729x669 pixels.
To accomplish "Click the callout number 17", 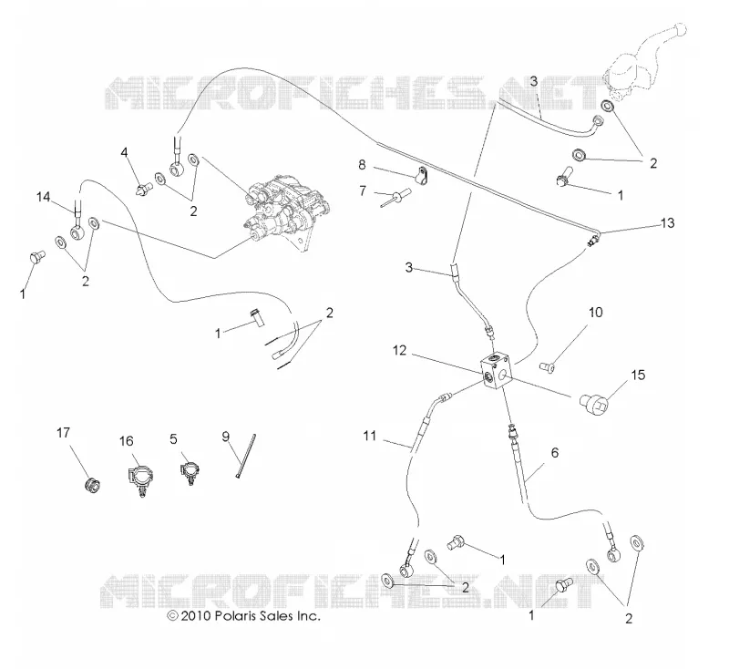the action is (63, 433).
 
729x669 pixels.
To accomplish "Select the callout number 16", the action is (126, 441).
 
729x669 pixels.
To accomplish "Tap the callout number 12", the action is (399, 350).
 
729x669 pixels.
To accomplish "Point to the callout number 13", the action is (667, 223).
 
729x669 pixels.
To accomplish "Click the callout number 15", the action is (639, 375).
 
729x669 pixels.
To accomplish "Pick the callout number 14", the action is (43, 197).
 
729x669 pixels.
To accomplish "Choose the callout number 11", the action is (370, 436).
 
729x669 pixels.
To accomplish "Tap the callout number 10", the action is (596, 312).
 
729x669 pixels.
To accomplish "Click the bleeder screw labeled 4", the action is (144, 190).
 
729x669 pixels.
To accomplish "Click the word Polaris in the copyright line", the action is (234, 615).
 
